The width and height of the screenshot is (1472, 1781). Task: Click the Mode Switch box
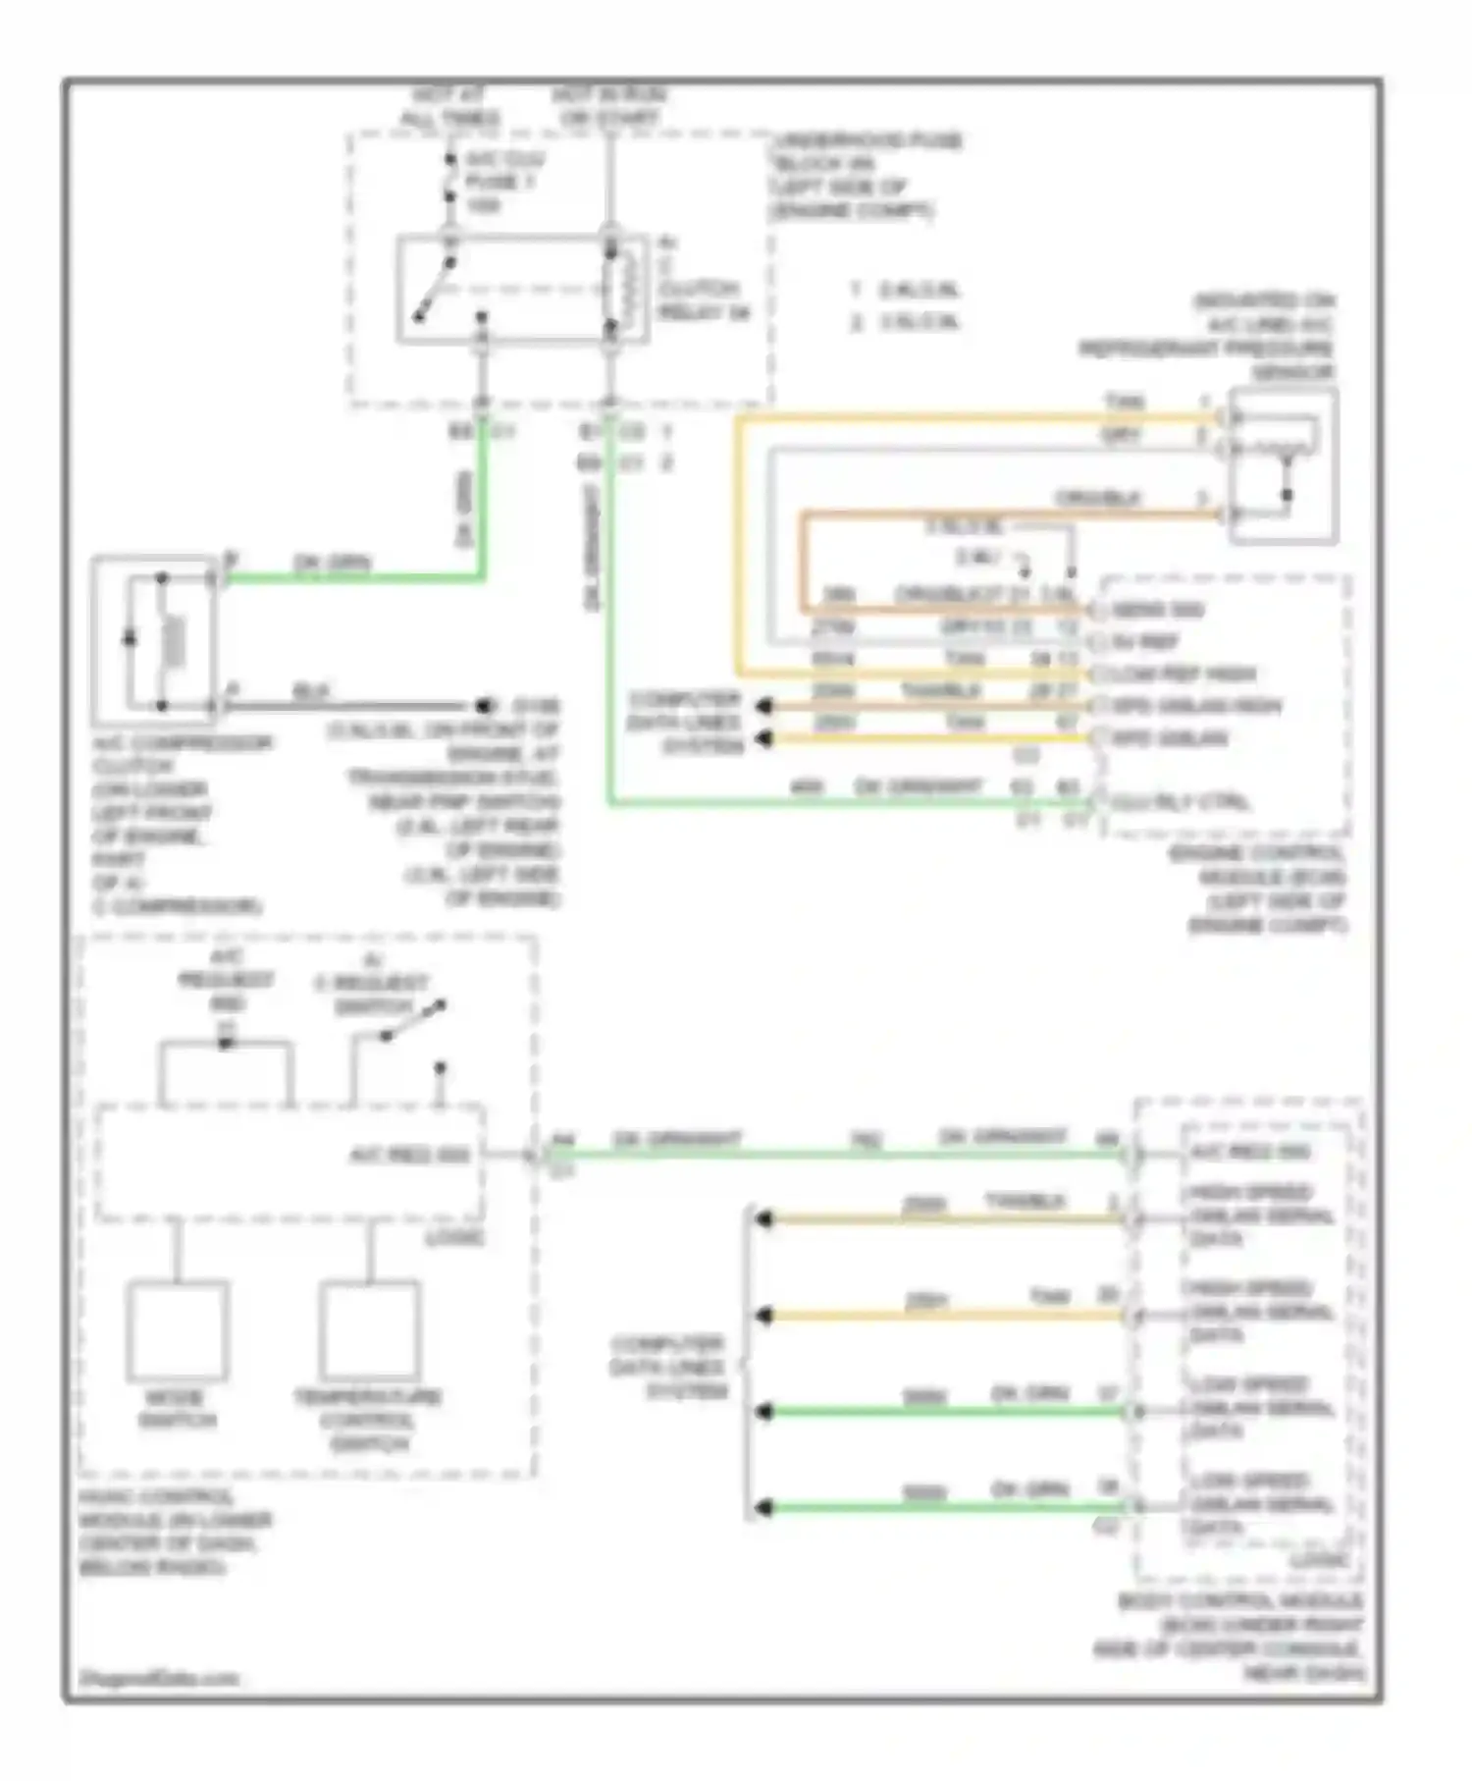(178, 1331)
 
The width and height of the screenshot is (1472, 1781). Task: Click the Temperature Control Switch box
(369, 1331)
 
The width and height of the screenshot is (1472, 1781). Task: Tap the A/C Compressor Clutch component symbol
(155, 640)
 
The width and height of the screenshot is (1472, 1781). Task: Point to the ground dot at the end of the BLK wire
(483, 706)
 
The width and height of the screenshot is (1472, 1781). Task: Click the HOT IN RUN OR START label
(608, 107)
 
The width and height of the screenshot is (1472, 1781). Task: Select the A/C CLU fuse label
(503, 182)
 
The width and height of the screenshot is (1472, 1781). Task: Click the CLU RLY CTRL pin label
(1181, 802)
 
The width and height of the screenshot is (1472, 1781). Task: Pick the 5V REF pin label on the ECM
(1146, 642)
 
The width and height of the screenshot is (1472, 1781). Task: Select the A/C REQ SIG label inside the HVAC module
(410, 1156)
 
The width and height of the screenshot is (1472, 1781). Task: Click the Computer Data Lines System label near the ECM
(685, 723)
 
